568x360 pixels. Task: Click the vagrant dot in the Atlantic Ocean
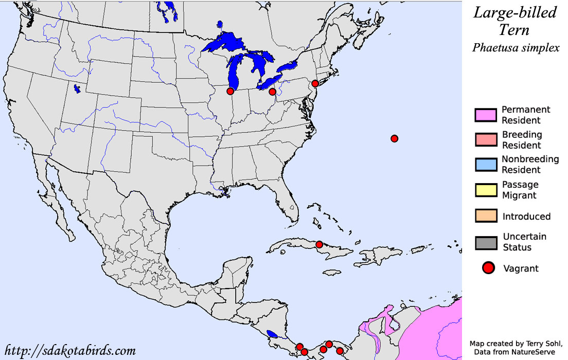[394, 138]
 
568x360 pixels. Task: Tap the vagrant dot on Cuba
[319, 244]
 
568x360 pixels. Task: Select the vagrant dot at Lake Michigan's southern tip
[230, 91]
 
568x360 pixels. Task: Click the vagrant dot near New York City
[315, 83]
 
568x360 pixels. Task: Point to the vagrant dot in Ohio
[272, 92]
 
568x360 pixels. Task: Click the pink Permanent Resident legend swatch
[486, 115]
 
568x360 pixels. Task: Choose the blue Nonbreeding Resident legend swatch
[486, 165]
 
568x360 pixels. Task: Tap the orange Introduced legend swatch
[486, 216]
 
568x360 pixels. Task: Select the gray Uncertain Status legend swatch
[486, 242]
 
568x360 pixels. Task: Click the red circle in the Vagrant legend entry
[488, 268]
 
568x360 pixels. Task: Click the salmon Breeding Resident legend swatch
[486, 140]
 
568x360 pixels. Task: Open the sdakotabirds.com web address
[70, 351]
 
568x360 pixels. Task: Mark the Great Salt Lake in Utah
[77, 89]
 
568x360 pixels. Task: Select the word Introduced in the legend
[526, 217]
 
